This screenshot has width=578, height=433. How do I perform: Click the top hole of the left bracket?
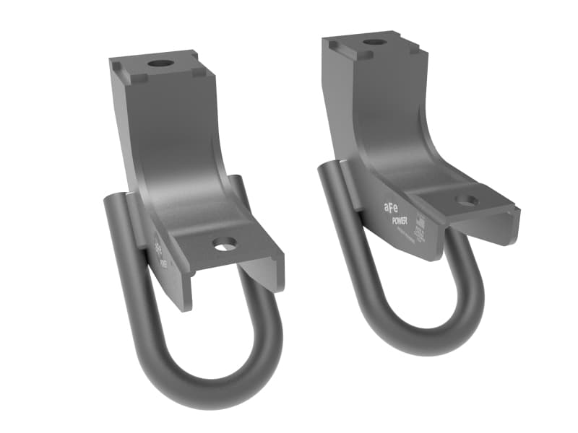point(160,63)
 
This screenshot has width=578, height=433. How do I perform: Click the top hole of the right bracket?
point(375,42)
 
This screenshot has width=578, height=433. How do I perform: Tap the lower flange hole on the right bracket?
point(467,201)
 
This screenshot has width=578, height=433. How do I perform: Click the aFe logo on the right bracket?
point(391,207)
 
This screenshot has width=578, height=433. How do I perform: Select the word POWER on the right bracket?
point(399,222)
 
